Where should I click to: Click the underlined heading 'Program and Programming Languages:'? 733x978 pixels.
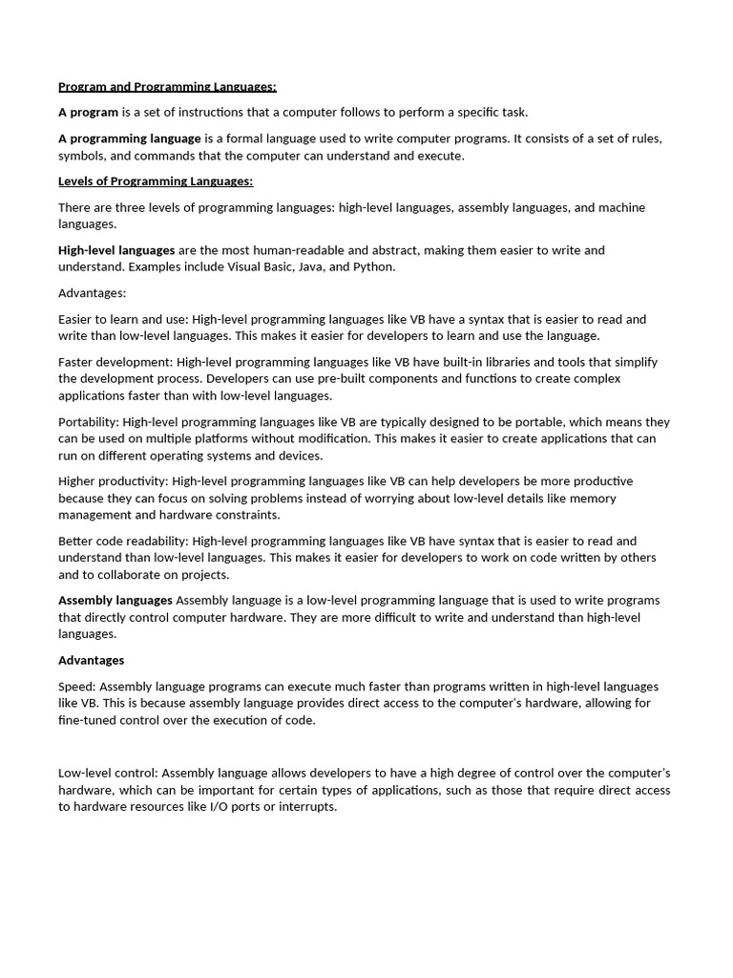(x=167, y=87)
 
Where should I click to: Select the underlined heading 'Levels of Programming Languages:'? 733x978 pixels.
(x=156, y=181)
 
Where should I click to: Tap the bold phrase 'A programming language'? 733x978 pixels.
(x=130, y=138)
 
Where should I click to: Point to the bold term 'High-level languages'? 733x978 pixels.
(x=116, y=250)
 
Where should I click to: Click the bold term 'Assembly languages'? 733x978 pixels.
(x=115, y=601)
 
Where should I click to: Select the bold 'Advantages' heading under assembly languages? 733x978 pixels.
(x=92, y=661)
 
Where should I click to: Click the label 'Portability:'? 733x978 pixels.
(x=89, y=422)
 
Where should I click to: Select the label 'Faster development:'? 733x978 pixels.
(x=115, y=362)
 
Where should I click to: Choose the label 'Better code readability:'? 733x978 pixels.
(x=123, y=542)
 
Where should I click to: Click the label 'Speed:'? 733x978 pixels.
(x=76, y=687)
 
